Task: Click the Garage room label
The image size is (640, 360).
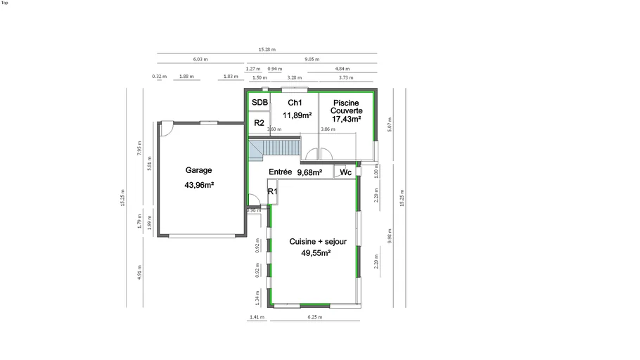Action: pos(198,170)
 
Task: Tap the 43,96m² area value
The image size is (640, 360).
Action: pos(199,185)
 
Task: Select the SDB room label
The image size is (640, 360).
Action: pos(260,103)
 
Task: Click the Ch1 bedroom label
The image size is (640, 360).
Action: pos(295,103)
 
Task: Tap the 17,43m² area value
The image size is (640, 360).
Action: pos(347,120)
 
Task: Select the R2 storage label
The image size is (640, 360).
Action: pos(259,123)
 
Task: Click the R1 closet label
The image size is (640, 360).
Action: pos(273,191)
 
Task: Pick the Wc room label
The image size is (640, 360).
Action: pos(345,172)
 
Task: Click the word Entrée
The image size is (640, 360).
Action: pos(281,172)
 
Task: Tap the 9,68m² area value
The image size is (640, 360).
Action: pos(309,172)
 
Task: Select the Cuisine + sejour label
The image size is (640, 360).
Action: pos(318,241)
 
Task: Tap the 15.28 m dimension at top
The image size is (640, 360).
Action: pos(267,50)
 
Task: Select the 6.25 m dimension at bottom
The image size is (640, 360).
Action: pos(314,318)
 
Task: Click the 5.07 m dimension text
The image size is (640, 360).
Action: pos(390,124)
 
